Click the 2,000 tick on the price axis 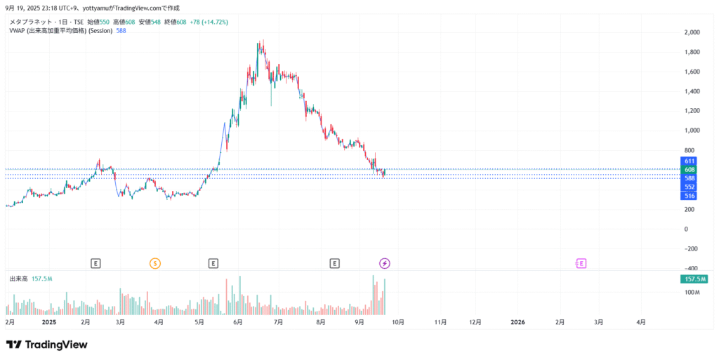(x=692, y=32)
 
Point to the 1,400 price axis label (x=692, y=91)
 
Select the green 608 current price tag (x=690, y=170)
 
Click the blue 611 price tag (x=690, y=161)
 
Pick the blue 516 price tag (x=690, y=196)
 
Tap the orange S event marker (x=155, y=263)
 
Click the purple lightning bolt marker (x=385, y=263)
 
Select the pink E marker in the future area (x=581, y=263)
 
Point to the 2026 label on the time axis (x=517, y=322)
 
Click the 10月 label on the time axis (x=397, y=322)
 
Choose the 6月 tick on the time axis (x=237, y=322)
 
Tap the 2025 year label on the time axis (x=49, y=322)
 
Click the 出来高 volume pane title (x=18, y=279)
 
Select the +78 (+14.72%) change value (x=209, y=22)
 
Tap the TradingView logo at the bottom (x=46, y=345)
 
